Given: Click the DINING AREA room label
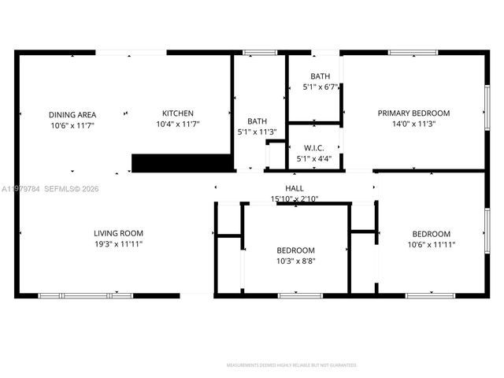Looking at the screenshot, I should point(72,114).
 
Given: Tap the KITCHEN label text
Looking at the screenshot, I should point(177,113).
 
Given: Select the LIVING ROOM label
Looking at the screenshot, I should point(118,233).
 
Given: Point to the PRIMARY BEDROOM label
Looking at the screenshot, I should point(413,113).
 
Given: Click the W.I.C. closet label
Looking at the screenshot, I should point(313,148).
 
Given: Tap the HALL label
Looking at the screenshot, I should point(295,188).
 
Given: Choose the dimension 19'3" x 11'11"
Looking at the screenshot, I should point(118,244).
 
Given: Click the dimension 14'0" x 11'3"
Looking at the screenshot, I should point(413,124).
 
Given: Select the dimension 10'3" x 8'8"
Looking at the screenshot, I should point(295,261).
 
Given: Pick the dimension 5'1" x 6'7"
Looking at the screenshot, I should point(320,87).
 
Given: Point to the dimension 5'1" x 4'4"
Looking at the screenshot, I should point(313,158).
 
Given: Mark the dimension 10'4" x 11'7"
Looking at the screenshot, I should point(177,124).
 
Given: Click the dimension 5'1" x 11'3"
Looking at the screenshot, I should point(258,132).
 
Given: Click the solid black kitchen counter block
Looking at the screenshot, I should point(182,162).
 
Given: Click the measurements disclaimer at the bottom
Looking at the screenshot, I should point(291,365).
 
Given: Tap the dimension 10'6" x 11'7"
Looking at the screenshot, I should point(72,125).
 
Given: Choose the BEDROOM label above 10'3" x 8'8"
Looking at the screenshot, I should point(295,250).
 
